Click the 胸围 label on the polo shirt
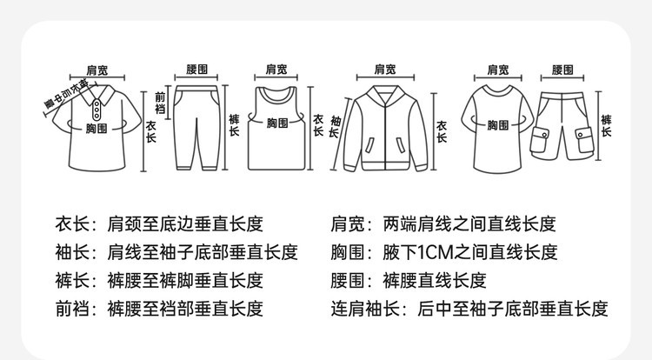pos(96,129)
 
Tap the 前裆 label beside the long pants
pos(159,103)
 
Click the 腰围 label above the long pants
pos(197,69)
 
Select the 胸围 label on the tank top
pos(276,123)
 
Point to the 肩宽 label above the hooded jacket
pos(384,69)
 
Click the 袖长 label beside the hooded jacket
pos(336,127)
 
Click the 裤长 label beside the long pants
pos(233,127)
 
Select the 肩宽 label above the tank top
pos(276,69)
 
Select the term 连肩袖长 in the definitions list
pos(362,309)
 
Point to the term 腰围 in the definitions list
pos(348,281)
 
